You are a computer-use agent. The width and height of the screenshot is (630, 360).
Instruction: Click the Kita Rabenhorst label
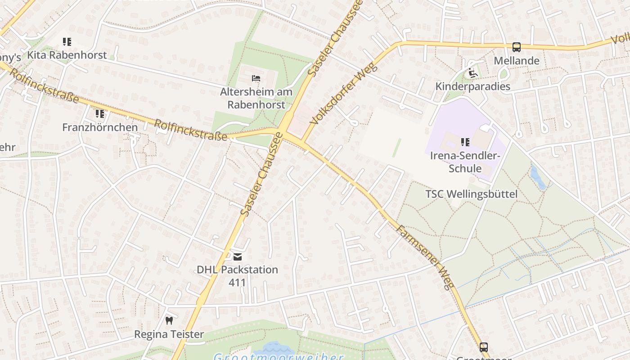pyautogui.click(x=67, y=55)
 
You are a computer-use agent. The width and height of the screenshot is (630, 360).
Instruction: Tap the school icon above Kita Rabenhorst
pyautogui.click(x=67, y=42)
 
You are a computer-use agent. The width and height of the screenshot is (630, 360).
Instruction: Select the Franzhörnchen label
pyautogui.click(x=100, y=127)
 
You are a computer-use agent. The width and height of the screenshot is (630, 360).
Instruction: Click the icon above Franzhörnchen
pyautogui.click(x=100, y=114)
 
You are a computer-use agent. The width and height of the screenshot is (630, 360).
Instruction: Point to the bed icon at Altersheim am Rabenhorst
pyautogui.click(x=256, y=79)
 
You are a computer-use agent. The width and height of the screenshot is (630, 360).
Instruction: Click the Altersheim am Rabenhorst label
pyautogui.click(x=256, y=98)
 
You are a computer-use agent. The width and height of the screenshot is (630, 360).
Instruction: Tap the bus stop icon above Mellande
pyautogui.click(x=517, y=47)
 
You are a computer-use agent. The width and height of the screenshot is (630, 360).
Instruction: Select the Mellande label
pyautogui.click(x=517, y=61)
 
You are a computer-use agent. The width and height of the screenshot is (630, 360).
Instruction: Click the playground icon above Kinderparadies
pyautogui.click(x=472, y=73)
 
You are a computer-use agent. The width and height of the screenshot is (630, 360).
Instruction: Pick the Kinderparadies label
pyautogui.click(x=472, y=86)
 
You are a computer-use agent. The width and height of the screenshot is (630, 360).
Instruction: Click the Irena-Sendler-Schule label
pyautogui.click(x=465, y=162)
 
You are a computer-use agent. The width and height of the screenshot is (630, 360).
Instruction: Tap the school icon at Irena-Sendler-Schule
pyautogui.click(x=465, y=143)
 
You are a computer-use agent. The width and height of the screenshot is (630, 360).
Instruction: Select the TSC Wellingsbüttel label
pyautogui.click(x=471, y=194)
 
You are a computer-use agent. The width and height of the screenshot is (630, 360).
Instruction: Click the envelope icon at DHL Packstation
pyautogui.click(x=237, y=257)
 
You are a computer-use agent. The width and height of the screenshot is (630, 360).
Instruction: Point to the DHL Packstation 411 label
pyautogui.click(x=237, y=276)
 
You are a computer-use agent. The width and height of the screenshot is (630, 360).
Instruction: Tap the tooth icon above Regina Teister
pyautogui.click(x=169, y=321)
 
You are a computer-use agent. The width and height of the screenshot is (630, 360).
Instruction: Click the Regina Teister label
pyautogui.click(x=169, y=334)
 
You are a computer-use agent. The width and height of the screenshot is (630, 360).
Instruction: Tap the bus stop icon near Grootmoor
pyautogui.click(x=484, y=347)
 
